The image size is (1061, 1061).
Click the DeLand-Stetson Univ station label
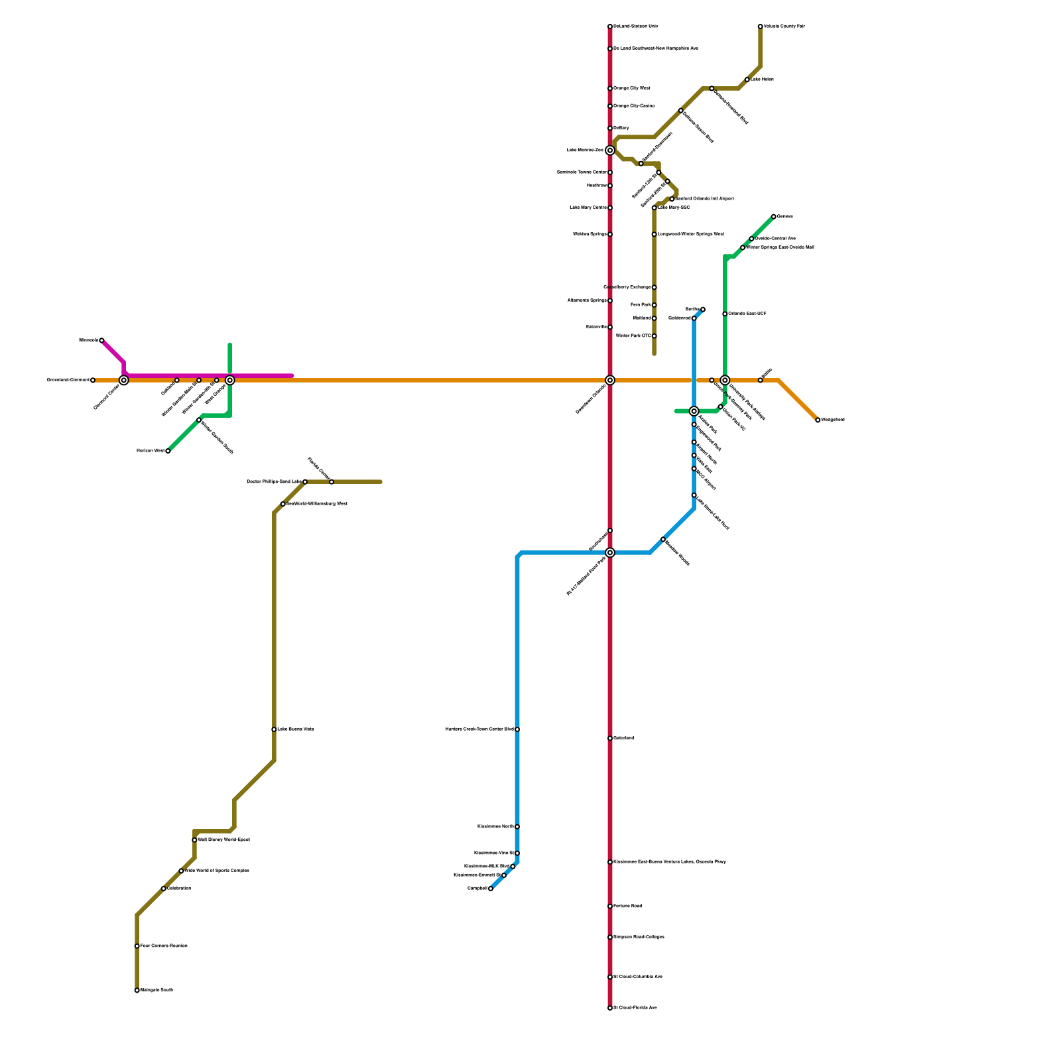pyautogui.click(x=635, y=27)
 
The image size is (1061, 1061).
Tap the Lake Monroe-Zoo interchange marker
pyautogui.click(x=610, y=151)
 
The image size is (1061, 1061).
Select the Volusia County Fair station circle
pyautogui.click(x=761, y=27)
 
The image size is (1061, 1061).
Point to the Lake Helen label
pyautogui.click(x=762, y=80)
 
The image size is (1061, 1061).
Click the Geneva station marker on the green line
pyautogui.click(x=774, y=217)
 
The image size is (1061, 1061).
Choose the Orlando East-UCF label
pyautogui.click(x=747, y=314)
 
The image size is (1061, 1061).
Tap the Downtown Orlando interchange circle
pyautogui.click(x=610, y=380)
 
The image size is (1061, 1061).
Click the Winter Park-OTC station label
pyautogui.click(x=633, y=336)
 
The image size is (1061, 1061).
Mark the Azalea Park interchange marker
pyautogui.click(x=694, y=411)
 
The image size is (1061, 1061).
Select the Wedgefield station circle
pyautogui.click(x=818, y=420)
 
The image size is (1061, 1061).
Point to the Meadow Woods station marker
pyautogui.click(x=663, y=539)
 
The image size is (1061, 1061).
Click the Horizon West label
pyautogui.click(x=151, y=451)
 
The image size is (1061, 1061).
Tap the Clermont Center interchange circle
pyautogui.click(x=124, y=380)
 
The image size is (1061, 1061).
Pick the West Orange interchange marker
pyautogui.click(x=230, y=380)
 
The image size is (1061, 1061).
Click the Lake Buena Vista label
pyautogui.click(x=296, y=729)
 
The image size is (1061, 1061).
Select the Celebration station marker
pyautogui.click(x=164, y=889)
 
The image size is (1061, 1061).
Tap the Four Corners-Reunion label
pyautogui.click(x=164, y=946)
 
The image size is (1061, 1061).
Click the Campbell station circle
pyautogui.click(x=491, y=889)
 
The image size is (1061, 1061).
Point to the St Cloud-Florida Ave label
pyautogui.click(x=635, y=1008)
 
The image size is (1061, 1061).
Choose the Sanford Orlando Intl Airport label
pyautogui.click(x=704, y=199)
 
